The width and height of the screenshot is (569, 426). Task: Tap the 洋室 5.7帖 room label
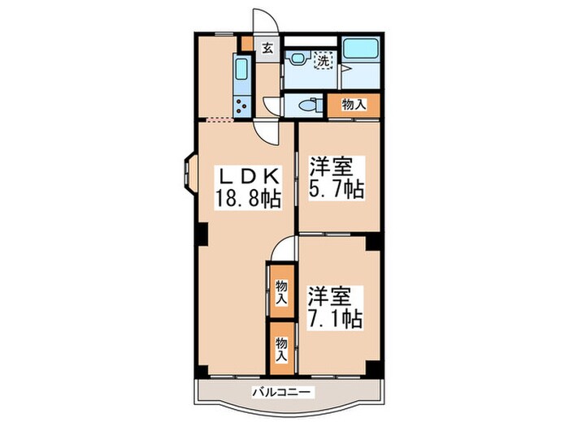tap(335, 179)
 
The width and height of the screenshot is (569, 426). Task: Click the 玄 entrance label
tap(267, 47)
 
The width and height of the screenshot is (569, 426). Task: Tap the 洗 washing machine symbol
tap(323, 59)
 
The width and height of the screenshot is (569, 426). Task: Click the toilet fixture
tap(307, 104)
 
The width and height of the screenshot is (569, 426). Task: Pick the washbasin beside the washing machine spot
tap(298, 57)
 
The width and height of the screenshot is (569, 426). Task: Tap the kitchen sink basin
tap(242, 68)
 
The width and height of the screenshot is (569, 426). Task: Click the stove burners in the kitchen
tap(241, 103)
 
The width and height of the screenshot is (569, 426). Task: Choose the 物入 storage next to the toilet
tap(352, 104)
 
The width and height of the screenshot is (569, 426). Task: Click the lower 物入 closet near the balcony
tap(280, 347)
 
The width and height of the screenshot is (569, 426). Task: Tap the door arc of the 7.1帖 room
tap(284, 247)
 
